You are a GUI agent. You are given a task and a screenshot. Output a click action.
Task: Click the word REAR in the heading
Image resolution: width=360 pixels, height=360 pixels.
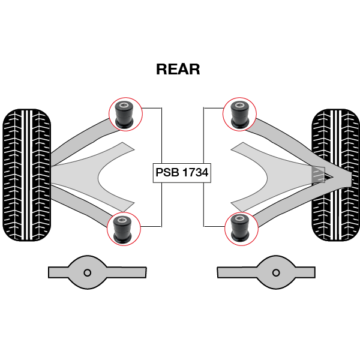[178, 70]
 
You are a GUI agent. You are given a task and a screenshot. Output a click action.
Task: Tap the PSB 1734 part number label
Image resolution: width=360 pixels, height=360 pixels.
[182, 173]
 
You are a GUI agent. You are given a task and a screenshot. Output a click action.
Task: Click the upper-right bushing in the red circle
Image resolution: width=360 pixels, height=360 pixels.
[239, 114]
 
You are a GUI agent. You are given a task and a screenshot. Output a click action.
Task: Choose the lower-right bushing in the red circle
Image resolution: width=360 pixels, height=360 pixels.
[241, 229]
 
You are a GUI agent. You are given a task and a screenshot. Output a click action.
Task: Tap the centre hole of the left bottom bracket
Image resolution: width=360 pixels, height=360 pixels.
[88, 272]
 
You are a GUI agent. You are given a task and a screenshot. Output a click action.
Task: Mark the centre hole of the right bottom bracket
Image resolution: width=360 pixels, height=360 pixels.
[276, 272]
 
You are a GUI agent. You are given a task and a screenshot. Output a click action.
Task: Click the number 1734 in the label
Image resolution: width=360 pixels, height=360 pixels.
[195, 173]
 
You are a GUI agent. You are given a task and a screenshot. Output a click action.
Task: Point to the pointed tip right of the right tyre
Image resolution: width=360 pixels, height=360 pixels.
[348, 177]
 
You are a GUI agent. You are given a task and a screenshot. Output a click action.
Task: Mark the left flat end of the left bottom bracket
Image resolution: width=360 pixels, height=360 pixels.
[54, 272]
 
